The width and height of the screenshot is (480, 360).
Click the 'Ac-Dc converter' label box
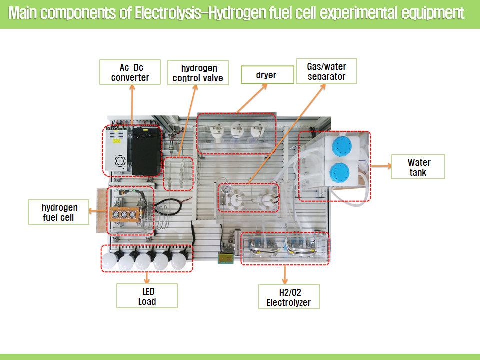(x=131, y=72)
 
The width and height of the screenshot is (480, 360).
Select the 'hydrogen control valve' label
(x=198, y=73)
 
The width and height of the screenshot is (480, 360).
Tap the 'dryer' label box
(x=266, y=75)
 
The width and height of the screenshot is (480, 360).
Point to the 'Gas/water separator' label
(x=326, y=71)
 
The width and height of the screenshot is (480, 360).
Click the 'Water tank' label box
(x=418, y=167)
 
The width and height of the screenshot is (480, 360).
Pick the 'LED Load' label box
(x=147, y=296)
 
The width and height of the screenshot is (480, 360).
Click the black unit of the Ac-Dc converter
(x=146, y=150)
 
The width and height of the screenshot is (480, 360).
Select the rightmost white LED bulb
(x=178, y=260)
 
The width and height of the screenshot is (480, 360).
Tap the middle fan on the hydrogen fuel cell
(x=124, y=215)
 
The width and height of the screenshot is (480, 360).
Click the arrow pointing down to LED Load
(x=147, y=278)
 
